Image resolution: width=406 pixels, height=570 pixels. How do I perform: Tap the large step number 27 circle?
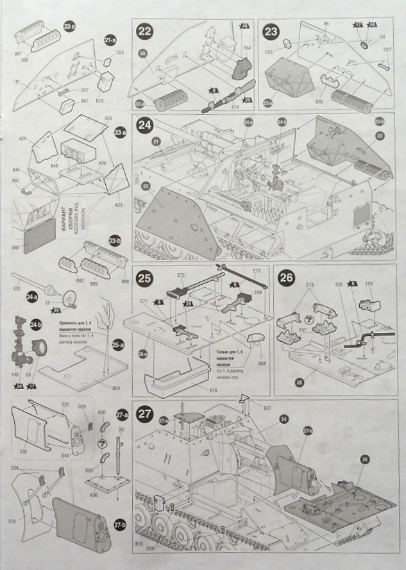point(145,414)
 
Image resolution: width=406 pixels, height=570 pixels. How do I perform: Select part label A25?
point(108,119)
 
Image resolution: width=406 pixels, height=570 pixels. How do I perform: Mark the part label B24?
point(116,388)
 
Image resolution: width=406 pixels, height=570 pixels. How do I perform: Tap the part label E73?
point(257,271)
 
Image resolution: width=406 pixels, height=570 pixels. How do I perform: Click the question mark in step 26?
point(309,319)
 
